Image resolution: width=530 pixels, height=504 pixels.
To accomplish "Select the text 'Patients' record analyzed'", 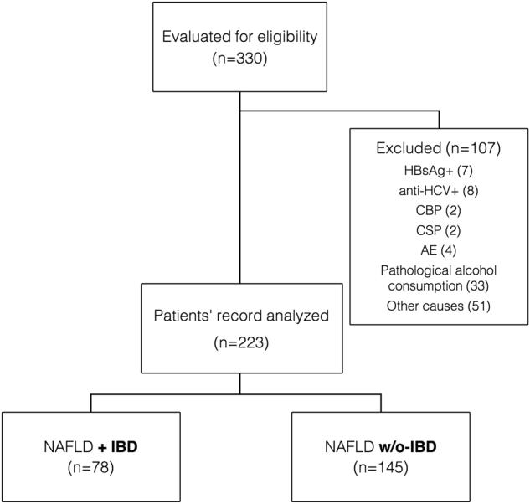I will tap(240, 316).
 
